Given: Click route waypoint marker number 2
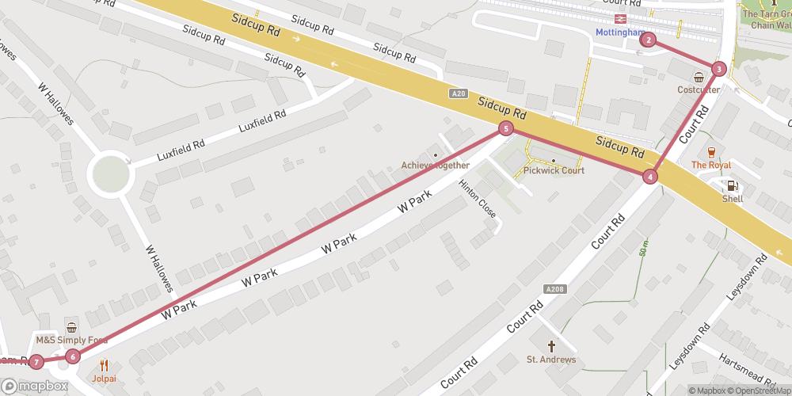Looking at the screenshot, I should coord(649,40).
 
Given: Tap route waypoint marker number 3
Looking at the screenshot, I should coord(718,69).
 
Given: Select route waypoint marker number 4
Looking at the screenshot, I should coord(650,177).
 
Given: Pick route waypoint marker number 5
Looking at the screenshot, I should coord(505,128).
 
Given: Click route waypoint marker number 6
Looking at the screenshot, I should coord(72,356).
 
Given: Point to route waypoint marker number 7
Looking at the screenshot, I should coord(36,362).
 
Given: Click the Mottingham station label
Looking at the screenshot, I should coord(620,32).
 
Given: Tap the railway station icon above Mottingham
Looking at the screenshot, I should coord(622,17).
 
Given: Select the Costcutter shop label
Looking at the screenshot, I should coord(699,89).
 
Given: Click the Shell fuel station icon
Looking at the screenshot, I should coord(733,185).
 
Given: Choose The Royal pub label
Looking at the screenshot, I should coord(710,165).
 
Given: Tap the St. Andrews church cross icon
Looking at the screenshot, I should coord(551,346).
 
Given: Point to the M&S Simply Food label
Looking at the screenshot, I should coord(71,340).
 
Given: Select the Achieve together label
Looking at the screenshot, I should coord(435,165).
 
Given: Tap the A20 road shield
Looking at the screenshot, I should coord(458,93).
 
